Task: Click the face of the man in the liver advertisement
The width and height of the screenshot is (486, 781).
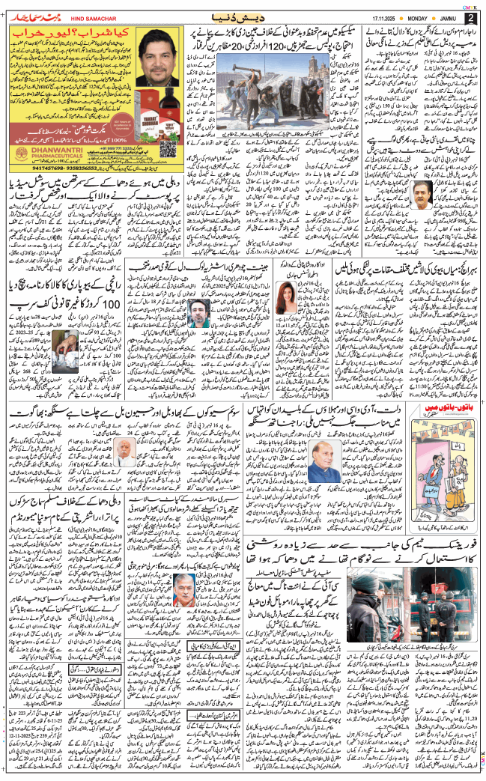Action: tap(160, 57)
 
